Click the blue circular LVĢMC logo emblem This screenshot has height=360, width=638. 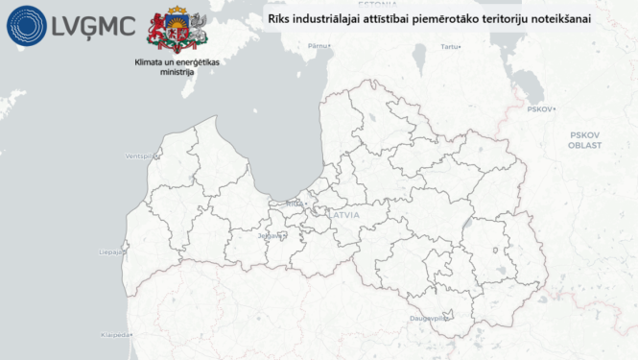26,26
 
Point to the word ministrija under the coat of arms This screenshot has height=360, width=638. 177,72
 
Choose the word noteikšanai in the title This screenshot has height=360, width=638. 562,18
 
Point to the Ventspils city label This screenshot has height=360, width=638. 139,156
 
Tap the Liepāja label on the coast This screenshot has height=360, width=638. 110,252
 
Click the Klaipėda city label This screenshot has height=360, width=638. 114,335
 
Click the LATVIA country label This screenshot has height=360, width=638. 345,216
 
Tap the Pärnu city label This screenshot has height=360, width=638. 319,45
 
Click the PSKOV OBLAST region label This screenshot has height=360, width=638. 584,140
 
